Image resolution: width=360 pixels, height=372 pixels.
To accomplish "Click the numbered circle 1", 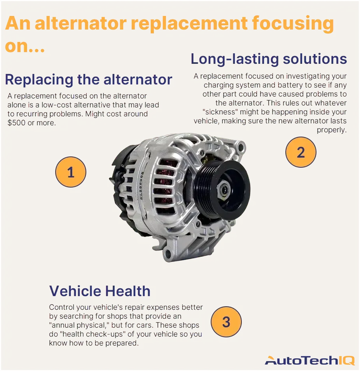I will coord(70,172).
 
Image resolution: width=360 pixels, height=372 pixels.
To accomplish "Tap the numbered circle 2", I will coord(301,153).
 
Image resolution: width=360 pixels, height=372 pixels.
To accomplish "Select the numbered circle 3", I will coord(226,322).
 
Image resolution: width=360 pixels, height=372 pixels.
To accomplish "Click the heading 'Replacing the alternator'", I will coord(88,80).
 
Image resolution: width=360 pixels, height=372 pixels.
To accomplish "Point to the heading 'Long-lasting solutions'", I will coord(269,59).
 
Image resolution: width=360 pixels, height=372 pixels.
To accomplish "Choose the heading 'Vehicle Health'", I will coord(100,291).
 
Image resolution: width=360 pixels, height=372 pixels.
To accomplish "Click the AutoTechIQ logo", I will coord(309,360).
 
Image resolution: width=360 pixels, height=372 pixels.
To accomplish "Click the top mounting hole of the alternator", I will coord(241,147).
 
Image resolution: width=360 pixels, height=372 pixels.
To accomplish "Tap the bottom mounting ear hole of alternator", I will coord(168,254).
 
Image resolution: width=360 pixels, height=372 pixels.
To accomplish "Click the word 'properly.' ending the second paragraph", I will coord(331,130).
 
